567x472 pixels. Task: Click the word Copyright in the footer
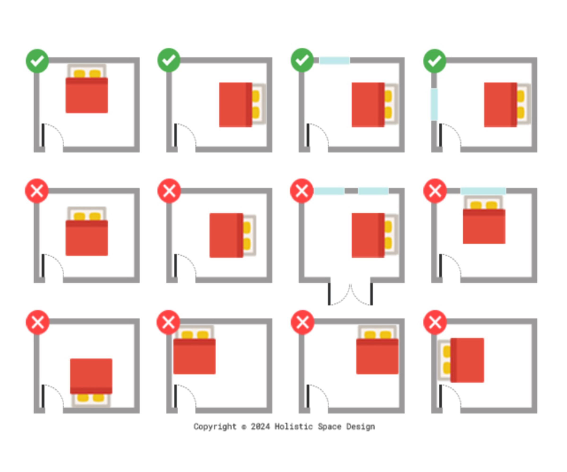tap(215, 426)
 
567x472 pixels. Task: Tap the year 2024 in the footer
tap(260, 426)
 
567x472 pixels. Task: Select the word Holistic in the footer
tap(293, 426)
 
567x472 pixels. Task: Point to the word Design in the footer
tap(361, 426)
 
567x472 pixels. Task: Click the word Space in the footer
tap(329, 426)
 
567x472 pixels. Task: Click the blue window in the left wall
tap(434, 104)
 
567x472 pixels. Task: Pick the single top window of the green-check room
tap(334, 60)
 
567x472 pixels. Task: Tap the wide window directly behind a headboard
tap(483, 191)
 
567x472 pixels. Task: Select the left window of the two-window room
tap(329, 191)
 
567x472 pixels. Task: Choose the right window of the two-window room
tap(373, 191)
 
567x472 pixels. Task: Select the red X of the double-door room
tap(302, 191)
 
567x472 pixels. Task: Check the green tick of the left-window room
tap(434, 61)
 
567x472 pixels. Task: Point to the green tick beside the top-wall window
tap(302, 60)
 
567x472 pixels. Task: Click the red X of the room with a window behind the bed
tap(435, 191)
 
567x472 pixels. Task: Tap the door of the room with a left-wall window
tap(441, 135)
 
